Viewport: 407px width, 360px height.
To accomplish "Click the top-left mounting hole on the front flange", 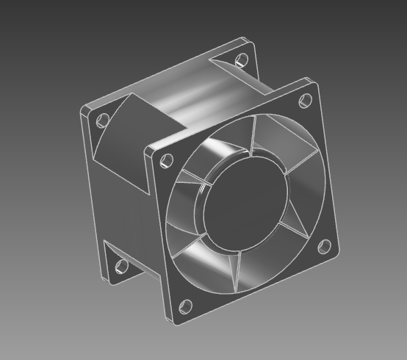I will coord(167,159).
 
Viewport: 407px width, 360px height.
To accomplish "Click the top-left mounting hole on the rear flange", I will coord(103,119).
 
